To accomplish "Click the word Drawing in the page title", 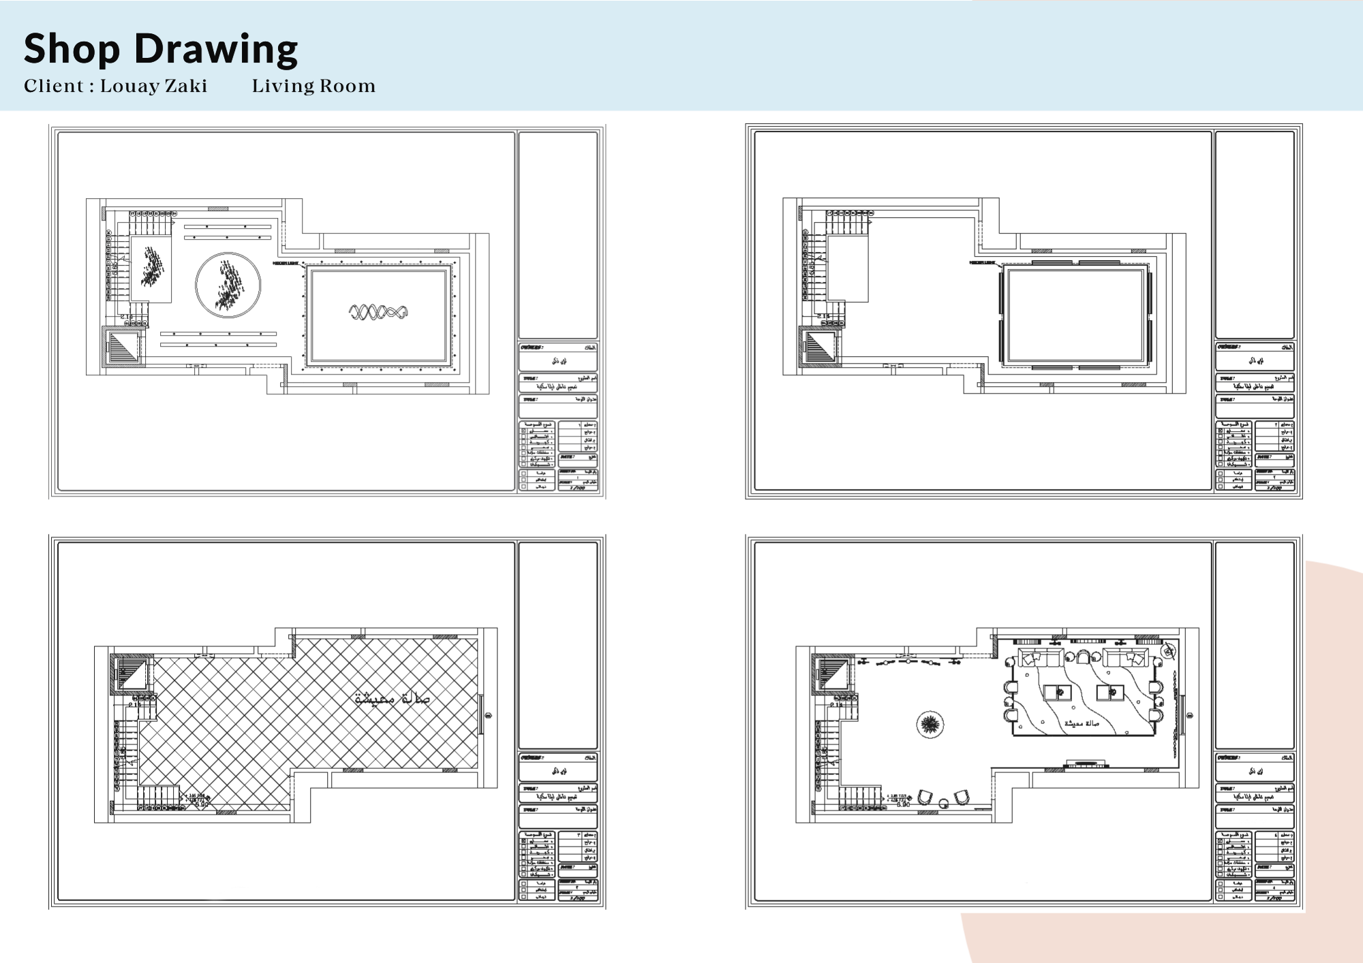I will click(x=215, y=49).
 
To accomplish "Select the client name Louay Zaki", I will click(x=153, y=86).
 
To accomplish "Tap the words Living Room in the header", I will click(x=313, y=86).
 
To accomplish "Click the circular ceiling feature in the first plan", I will click(x=228, y=285).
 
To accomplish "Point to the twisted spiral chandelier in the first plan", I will click(x=378, y=313).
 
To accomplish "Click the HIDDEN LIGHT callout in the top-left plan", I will click(x=286, y=262).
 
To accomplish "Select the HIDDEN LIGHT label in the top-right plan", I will click(x=982, y=262).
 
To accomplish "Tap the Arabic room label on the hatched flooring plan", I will click(x=393, y=699).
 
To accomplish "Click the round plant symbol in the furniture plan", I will click(x=930, y=725).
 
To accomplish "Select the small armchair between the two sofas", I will click(x=1082, y=657).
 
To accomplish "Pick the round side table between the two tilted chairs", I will click(x=943, y=802).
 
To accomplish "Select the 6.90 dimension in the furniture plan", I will click(x=903, y=805).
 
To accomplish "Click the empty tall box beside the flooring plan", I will click(x=557, y=646).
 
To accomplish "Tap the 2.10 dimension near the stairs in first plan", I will click(x=127, y=317).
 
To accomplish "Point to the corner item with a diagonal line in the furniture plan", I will click(x=1169, y=650).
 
